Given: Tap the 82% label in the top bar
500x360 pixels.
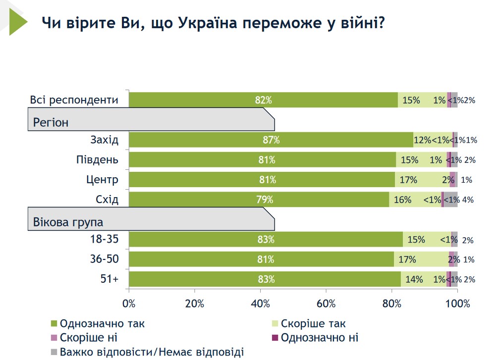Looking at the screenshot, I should point(263,100).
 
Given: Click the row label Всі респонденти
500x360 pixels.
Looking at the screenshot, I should point(74,100).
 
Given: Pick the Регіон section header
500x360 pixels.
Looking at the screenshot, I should point(51,122).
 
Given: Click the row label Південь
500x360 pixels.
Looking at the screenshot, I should point(98,160).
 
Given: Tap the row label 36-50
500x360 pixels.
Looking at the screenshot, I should point(104,259).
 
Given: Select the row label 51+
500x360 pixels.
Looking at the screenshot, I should point(109,279).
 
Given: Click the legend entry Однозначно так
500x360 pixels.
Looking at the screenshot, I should point(102,324).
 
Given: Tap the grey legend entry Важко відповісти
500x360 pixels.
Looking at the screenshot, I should point(152,352).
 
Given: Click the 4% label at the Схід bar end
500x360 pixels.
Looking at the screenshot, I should point(468,200).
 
